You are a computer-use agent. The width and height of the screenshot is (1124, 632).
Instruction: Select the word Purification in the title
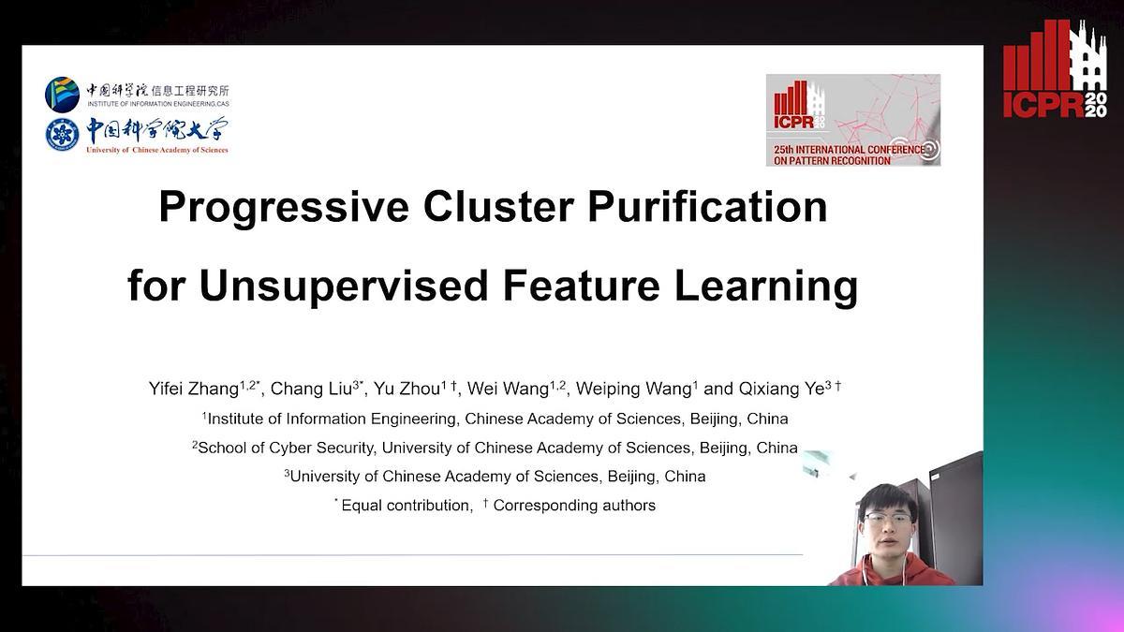[x=707, y=207]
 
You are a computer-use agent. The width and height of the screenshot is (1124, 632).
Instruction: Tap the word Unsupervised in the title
[x=344, y=286]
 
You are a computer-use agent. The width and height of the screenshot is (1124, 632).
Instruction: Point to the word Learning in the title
[x=766, y=287]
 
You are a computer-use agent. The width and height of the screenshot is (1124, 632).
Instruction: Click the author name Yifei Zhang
[x=194, y=389]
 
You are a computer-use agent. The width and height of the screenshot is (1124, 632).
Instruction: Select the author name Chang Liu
[x=311, y=389]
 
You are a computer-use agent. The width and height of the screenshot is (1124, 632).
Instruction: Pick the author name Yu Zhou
[x=407, y=389]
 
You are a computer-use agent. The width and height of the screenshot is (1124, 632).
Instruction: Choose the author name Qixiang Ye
[x=781, y=389]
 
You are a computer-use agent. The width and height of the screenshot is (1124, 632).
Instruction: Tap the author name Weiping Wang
[x=634, y=389]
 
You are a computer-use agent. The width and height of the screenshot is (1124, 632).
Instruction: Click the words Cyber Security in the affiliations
[x=322, y=448]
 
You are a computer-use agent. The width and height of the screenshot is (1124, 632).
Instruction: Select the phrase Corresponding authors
[x=574, y=505]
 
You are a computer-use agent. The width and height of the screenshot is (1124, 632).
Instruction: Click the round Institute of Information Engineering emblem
[x=62, y=95]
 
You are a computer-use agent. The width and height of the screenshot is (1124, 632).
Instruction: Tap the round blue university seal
[x=62, y=135]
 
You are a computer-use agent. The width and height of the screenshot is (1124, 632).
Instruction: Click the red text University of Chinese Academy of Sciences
[x=157, y=150]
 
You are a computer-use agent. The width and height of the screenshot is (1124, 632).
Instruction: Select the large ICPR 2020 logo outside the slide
[x=1055, y=69]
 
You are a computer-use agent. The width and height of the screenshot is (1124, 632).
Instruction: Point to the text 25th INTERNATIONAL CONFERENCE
[x=849, y=150]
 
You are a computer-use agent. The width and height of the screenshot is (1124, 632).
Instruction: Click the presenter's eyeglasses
[x=888, y=518]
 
